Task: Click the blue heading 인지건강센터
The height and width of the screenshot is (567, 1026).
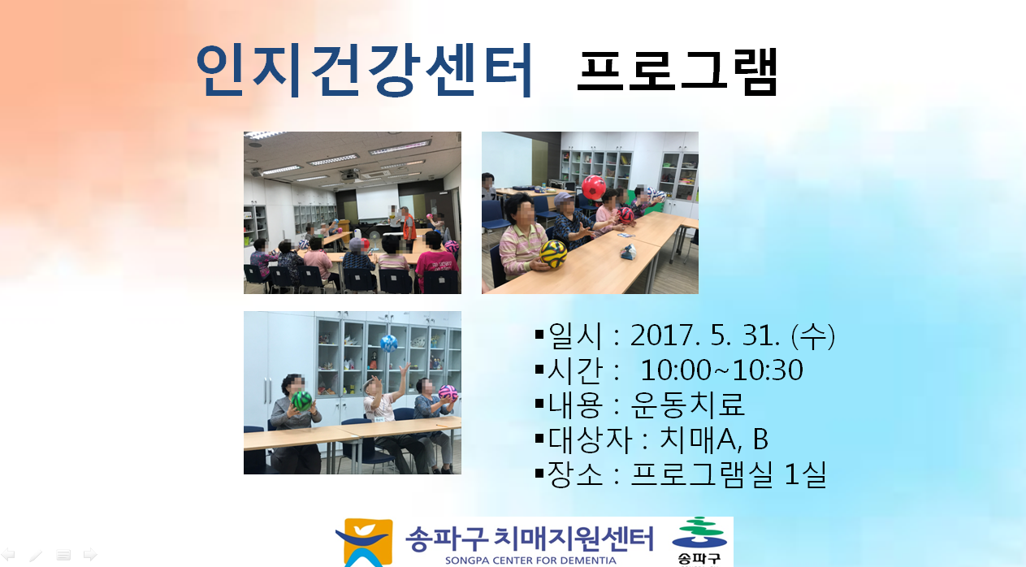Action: tap(364, 70)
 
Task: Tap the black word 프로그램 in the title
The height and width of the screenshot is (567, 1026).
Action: tap(677, 71)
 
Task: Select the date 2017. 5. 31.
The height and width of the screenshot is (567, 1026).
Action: tap(705, 335)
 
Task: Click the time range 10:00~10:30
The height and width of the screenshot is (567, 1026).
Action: tap(721, 370)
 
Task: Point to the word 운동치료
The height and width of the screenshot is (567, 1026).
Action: tap(687, 405)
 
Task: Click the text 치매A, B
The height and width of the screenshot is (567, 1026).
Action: tap(713, 439)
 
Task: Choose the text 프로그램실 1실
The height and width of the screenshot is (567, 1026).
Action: tap(729, 474)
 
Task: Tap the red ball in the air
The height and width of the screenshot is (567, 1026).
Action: tap(594, 188)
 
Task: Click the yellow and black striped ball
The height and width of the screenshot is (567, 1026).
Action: tap(553, 253)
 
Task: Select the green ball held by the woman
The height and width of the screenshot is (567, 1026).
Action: tap(301, 400)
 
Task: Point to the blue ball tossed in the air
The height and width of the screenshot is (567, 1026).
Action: tap(389, 343)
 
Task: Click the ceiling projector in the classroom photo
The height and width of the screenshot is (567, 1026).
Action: tap(349, 175)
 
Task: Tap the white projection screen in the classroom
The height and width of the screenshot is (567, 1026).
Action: tap(378, 201)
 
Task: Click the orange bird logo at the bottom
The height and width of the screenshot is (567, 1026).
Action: tap(365, 543)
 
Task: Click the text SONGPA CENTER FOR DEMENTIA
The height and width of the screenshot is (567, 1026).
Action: tap(530, 561)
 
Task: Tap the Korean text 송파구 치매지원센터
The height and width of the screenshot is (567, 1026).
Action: tap(530, 539)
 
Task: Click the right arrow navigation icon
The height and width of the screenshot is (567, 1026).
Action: tap(90, 555)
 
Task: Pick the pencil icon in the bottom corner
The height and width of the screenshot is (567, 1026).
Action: tap(36, 556)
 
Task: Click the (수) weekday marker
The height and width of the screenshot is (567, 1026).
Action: tap(813, 336)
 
